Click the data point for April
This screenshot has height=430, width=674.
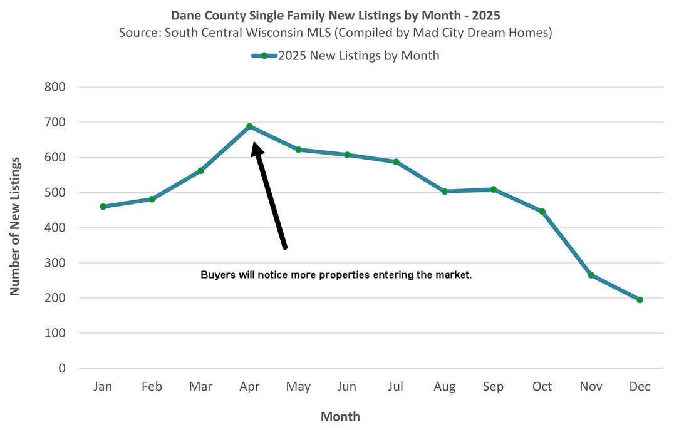pos(249,126)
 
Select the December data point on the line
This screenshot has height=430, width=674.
pos(640,300)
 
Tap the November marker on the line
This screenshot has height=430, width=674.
pos(591,275)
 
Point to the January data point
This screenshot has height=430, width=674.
pos(103,207)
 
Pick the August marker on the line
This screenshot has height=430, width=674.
pos(445,192)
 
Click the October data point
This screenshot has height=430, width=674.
pos(542,212)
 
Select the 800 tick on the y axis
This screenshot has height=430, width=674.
pos(55,87)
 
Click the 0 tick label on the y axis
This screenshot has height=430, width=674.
pos(62,369)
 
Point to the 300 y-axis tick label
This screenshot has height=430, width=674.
pos(55,263)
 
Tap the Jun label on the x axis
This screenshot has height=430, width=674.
pos(347,387)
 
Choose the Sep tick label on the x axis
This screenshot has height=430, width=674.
pos(493,387)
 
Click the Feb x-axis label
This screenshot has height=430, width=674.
pos(151,387)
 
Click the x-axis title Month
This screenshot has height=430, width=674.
pos(340,416)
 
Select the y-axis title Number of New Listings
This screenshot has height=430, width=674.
pos(16,227)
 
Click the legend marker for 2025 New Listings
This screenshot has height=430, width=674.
pos(264,56)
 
